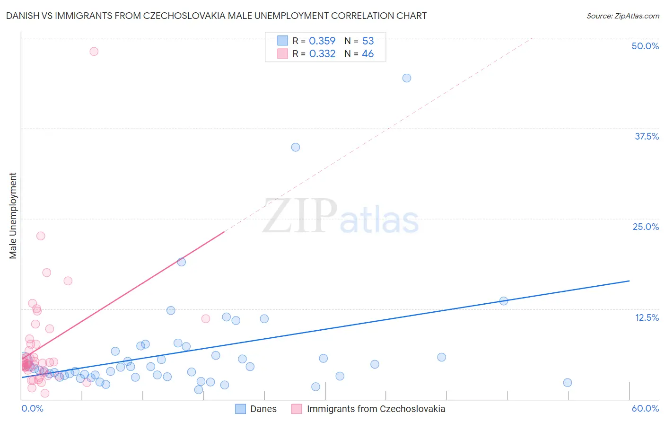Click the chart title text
(216, 16)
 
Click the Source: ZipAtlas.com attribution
(622, 16)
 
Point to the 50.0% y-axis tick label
(645, 46)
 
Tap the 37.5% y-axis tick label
(647, 136)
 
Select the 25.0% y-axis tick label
(646, 227)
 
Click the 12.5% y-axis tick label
(647, 317)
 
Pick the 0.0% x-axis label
(32, 408)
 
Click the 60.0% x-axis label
(645, 408)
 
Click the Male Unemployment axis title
(13, 216)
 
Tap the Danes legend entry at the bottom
(263, 409)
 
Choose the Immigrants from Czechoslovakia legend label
(376, 409)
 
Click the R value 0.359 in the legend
(322, 41)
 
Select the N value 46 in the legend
(367, 54)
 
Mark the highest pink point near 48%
(94, 52)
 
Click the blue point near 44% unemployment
(407, 78)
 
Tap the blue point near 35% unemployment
(296, 147)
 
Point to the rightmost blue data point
(568, 383)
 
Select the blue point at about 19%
(182, 262)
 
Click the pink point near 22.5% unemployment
(41, 236)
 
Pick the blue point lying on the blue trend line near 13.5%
(504, 301)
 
